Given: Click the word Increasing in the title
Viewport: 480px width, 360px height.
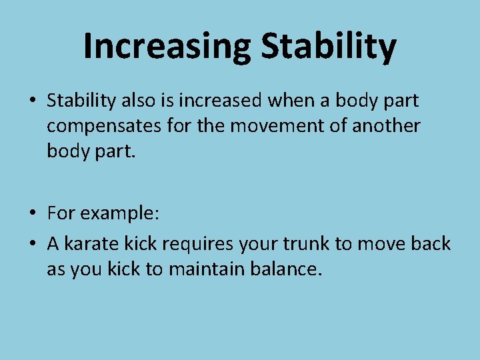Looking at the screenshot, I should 167,46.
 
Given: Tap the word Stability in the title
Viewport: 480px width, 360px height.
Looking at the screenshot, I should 329,46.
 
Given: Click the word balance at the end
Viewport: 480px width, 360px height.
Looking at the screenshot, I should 286,269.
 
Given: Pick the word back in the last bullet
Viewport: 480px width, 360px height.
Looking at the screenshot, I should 431,244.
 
